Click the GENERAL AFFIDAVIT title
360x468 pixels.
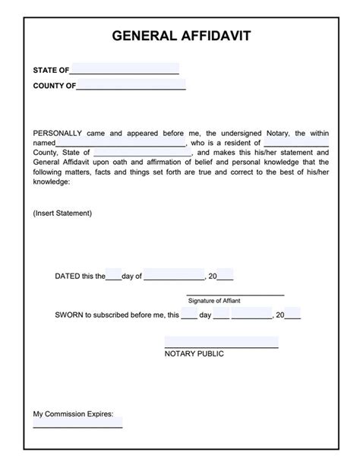[180, 35]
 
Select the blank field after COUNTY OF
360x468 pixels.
[131, 86]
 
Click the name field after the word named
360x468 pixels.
[122, 142]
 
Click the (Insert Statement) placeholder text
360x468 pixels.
[62, 213]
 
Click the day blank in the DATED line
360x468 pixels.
[113, 277]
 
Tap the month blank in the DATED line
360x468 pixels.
[174, 277]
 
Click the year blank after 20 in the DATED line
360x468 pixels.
[226, 277]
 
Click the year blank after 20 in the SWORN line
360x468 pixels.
[292, 314]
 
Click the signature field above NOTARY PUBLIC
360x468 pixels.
[221, 343]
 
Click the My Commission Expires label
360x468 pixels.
[73, 414]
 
